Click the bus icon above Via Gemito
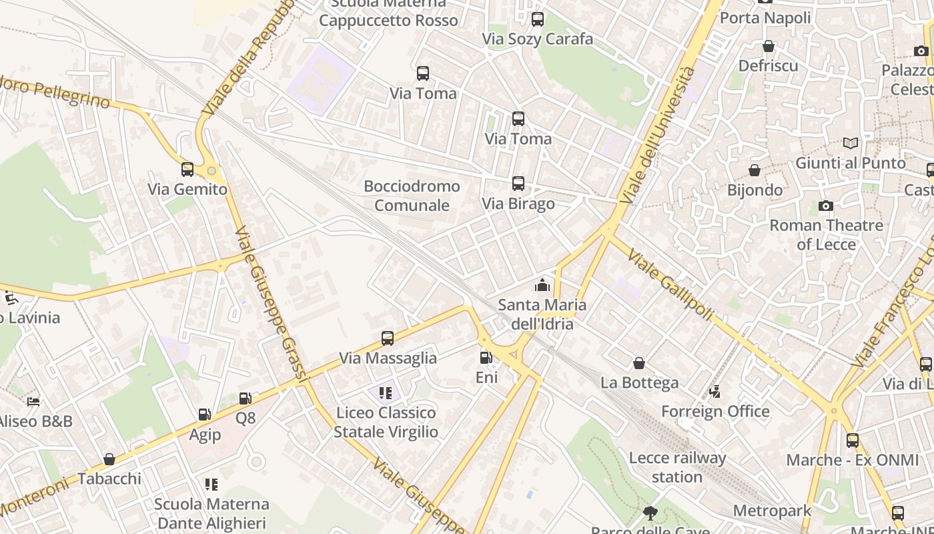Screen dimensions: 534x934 tap(187, 170)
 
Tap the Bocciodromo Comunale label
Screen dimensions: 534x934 tap(412, 196)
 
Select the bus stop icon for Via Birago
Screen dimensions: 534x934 tap(518, 184)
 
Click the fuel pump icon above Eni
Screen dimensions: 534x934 tap(486, 358)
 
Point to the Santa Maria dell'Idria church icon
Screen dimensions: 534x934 tap(542, 286)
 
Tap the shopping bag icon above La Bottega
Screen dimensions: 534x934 tap(639, 363)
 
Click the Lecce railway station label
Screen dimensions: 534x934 tap(677, 467)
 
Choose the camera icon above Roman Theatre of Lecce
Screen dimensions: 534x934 tap(826, 206)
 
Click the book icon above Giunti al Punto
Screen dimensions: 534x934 tap(850, 143)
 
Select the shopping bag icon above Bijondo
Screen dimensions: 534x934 tap(755, 171)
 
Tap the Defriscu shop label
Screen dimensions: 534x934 tap(768, 65)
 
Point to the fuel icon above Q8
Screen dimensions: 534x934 tap(246, 398)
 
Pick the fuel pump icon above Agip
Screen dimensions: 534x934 tap(205, 415)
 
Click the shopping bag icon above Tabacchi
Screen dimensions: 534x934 tap(109, 459)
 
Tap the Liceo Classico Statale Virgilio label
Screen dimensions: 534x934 tap(386, 422)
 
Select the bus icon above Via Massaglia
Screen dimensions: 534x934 tap(388, 338)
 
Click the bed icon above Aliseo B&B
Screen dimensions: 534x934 tap(33, 402)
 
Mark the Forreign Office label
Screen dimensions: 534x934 tap(715, 411)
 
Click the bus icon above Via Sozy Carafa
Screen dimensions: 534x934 tap(538, 19)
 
